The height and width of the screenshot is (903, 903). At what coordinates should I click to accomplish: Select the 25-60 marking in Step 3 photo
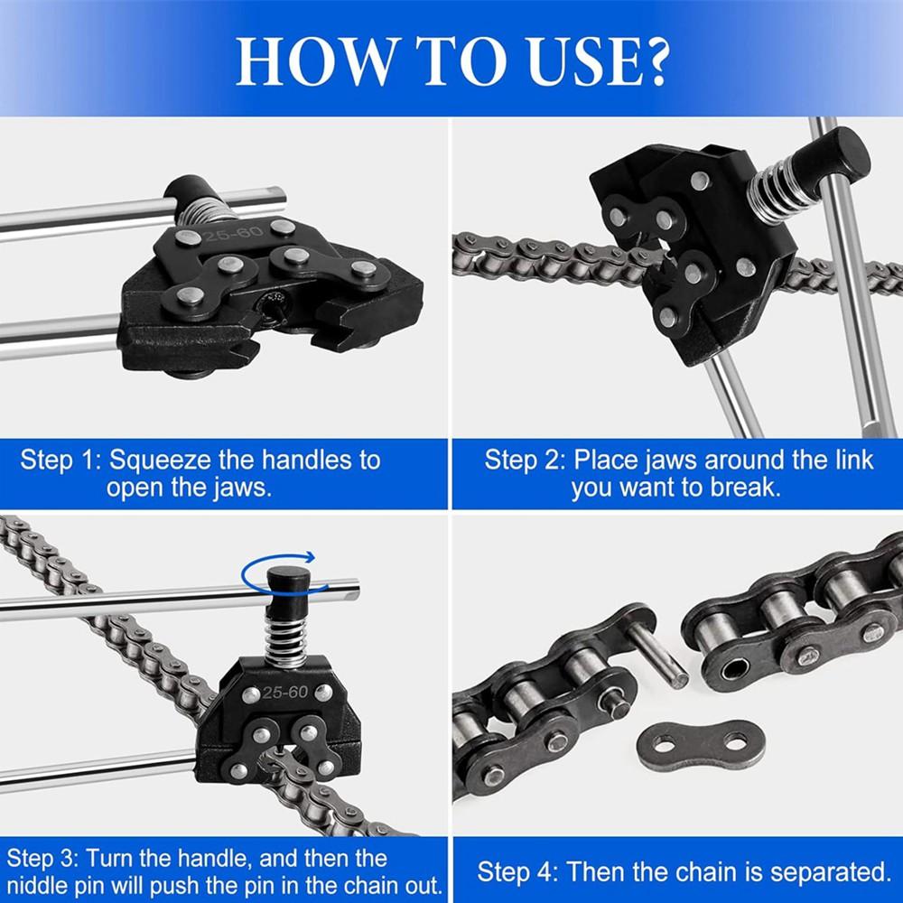(x=285, y=694)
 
